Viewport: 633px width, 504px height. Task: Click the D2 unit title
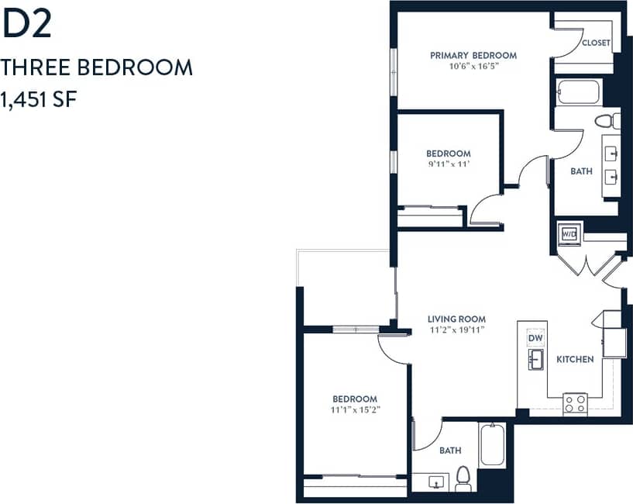(27, 25)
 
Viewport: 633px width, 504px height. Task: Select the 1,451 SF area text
(39, 100)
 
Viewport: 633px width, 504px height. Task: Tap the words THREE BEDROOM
(97, 67)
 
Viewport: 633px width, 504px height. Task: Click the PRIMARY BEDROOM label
(473, 55)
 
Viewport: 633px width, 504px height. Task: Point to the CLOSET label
(596, 43)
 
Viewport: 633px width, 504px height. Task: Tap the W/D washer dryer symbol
(569, 233)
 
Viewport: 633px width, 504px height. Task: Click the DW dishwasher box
(535, 339)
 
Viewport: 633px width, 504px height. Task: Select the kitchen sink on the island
(535, 359)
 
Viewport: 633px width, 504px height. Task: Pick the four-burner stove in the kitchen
(575, 403)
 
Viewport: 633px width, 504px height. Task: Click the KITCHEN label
(575, 359)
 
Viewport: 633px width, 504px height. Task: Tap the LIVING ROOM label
(457, 319)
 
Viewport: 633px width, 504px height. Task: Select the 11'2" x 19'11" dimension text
(457, 330)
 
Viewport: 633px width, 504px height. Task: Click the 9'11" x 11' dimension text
(448, 164)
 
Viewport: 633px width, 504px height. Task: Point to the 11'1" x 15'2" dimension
(356, 409)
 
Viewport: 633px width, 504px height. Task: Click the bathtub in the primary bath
(579, 93)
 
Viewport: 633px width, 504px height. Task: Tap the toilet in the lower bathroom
(463, 478)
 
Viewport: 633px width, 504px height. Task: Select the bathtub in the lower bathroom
(493, 445)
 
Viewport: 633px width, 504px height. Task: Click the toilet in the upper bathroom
(606, 121)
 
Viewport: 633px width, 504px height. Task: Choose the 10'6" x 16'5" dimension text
(473, 67)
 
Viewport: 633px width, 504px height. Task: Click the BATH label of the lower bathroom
(450, 450)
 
